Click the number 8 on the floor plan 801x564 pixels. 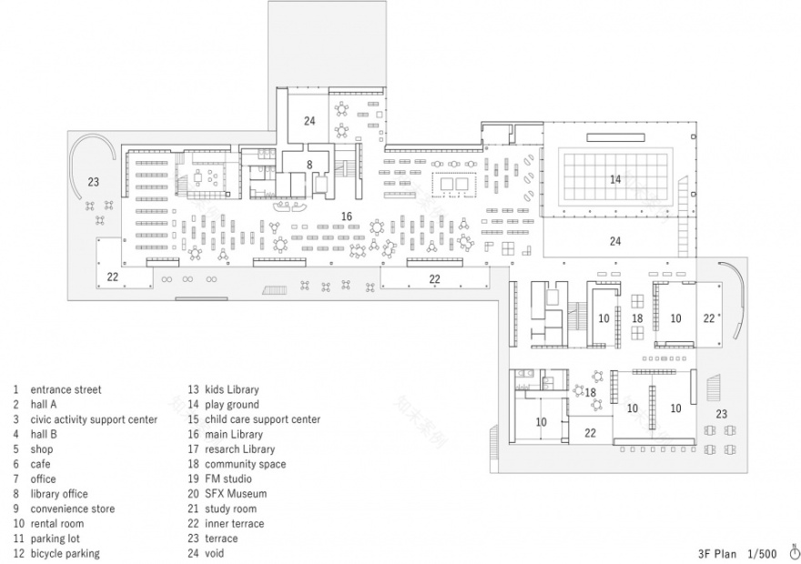point(309,165)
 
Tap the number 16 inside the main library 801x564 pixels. point(346,216)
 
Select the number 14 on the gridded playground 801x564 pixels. point(615,179)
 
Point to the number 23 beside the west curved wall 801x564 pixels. point(93,182)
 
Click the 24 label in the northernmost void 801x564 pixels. point(309,121)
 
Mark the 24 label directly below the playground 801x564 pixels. point(615,241)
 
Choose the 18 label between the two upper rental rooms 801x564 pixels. point(637,318)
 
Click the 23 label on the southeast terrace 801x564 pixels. point(722,414)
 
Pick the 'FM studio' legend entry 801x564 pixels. point(231,479)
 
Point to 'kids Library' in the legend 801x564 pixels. point(235,389)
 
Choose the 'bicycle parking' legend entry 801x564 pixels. point(65,553)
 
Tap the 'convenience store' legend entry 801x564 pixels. point(72,509)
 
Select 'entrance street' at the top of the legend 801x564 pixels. point(66,389)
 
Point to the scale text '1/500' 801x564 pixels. point(762,552)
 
